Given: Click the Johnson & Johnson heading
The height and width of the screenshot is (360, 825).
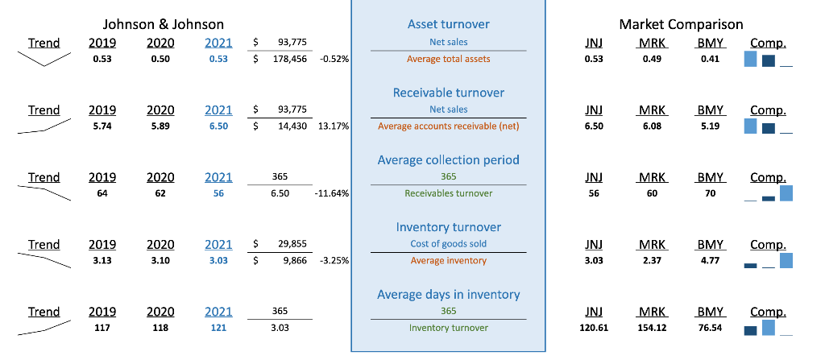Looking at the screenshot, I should [x=164, y=24].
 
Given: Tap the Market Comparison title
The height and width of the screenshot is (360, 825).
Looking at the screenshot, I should [x=681, y=24].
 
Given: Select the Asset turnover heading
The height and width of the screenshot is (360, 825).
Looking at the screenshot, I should [x=448, y=25].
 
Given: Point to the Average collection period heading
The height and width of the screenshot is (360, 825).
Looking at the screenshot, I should [x=448, y=159].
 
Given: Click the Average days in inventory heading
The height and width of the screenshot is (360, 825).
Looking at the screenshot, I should [x=448, y=294].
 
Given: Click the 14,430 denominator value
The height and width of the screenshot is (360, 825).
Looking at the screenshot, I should [x=292, y=126].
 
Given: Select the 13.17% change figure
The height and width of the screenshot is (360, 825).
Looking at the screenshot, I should [x=334, y=126].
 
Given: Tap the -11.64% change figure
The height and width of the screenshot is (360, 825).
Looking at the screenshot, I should [x=332, y=193].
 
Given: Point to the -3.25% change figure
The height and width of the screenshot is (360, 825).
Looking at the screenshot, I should [x=334, y=261].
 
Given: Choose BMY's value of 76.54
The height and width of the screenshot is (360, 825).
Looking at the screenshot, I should [x=709, y=328].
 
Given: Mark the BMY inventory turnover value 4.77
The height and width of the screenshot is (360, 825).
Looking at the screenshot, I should [x=709, y=261].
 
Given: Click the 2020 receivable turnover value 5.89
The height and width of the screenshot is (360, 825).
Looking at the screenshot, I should [x=160, y=126].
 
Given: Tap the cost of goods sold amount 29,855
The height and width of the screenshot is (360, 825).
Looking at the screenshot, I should [x=292, y=244].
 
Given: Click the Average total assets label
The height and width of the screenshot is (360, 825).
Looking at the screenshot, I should [x=448, y=59].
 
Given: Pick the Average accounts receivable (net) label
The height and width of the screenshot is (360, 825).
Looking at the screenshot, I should [x=448, y=126].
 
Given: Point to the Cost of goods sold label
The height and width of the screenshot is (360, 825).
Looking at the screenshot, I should [x=448, y=244].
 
